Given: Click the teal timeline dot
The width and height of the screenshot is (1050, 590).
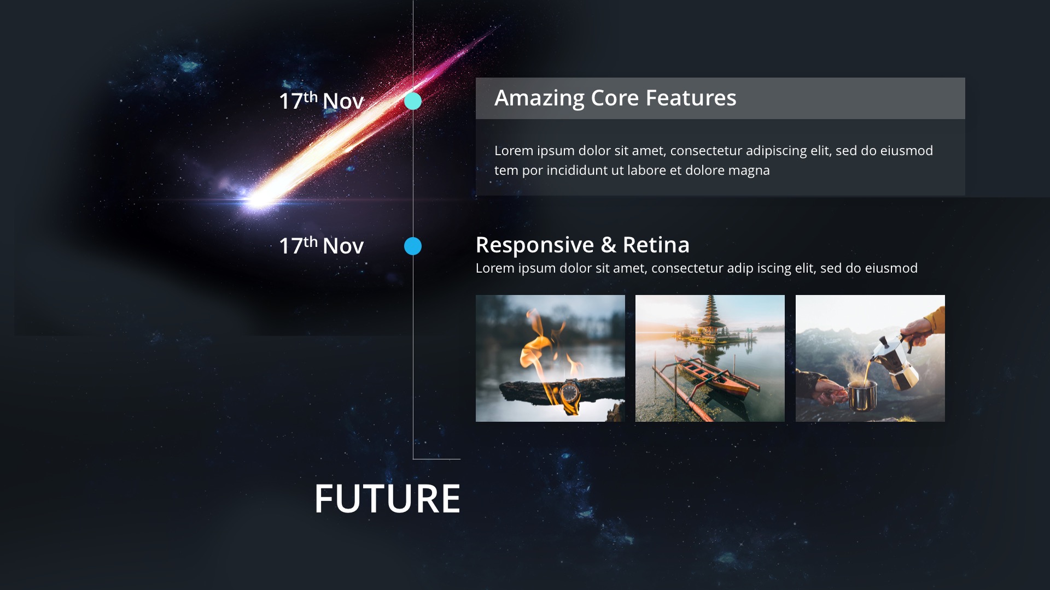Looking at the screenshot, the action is pos(413,101).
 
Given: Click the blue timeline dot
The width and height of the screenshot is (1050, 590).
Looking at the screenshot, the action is pos(413,246).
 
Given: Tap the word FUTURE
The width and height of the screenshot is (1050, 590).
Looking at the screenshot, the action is pos(387,499).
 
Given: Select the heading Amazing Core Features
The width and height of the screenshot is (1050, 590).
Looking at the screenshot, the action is pos(615,98).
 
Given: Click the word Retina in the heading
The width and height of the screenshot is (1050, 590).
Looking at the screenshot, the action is pos(656,245).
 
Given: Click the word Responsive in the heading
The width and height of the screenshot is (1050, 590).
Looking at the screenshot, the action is pos(535,245).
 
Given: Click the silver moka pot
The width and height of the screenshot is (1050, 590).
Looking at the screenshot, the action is pos(897,361).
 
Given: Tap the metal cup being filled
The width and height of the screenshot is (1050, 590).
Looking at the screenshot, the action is pos(862,396).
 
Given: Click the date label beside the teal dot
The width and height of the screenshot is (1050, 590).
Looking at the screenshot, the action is pos(322,101).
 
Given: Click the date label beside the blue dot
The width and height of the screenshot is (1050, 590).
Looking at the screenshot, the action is pos(322,245).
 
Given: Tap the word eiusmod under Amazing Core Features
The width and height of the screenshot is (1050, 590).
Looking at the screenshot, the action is pos(907,151).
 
